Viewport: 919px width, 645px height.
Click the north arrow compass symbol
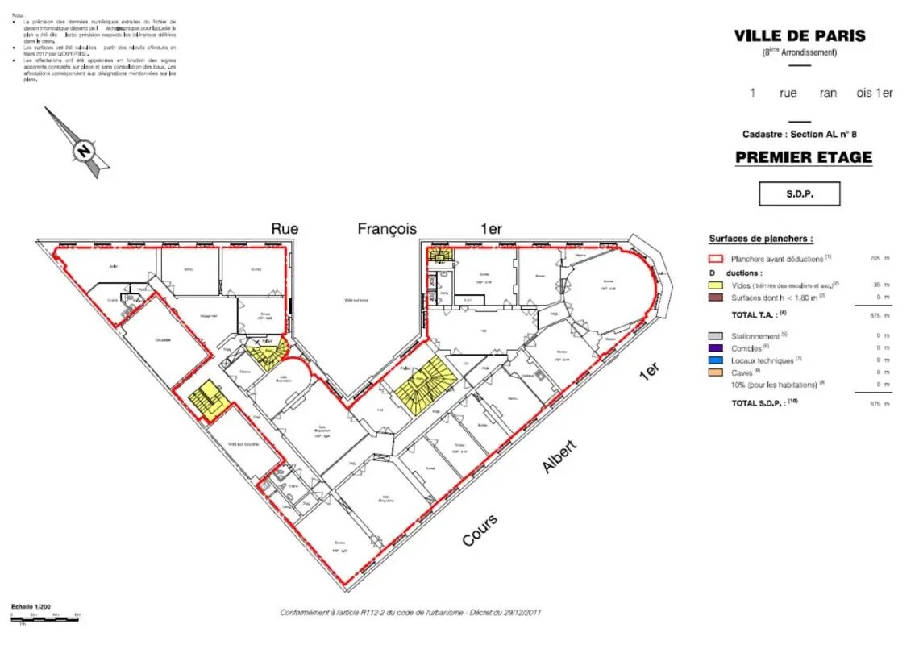(x=81, y=148)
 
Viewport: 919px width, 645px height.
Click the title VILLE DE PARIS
(x=799, y=35)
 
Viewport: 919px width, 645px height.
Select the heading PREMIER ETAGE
(x=803, y=157)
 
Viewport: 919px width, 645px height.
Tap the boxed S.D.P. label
(x=799, y=194)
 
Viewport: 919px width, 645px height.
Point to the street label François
(x=387, y=229)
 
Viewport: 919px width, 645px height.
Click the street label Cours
(x=479, y=530)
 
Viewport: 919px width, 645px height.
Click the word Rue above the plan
(x=284, y=229)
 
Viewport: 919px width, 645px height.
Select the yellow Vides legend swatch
(x=715, y=284)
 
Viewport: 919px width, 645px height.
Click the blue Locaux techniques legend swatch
(x=715, y=360)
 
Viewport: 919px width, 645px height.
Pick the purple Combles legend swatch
(x=715, y=348)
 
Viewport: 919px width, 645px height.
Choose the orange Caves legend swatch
(x=715, y=373)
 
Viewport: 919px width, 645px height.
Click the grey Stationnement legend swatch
(x=715, y=335)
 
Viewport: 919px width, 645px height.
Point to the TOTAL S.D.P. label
(x=764, y=402)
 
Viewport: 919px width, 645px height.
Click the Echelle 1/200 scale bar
(x=44, y=617)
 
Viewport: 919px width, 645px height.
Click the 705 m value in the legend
(x=879, y=259)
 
